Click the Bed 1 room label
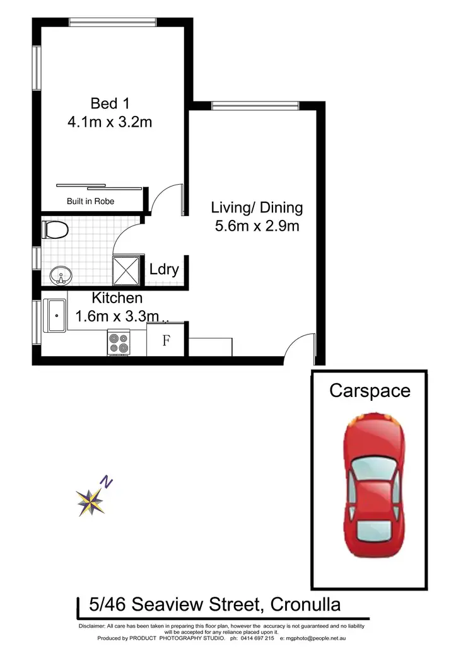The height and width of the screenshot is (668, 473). (110, 103)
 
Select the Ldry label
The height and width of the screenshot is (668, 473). (164, 270)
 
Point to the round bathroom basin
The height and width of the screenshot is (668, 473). (61, 275)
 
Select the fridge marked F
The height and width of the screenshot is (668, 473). (166, 341)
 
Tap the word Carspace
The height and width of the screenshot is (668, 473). (370, 391)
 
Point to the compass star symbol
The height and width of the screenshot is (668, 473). (90, 502)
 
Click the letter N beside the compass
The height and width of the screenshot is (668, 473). (108, 483)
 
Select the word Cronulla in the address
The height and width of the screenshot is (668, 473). (305, 606)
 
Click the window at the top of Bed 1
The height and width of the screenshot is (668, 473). (113, 23)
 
